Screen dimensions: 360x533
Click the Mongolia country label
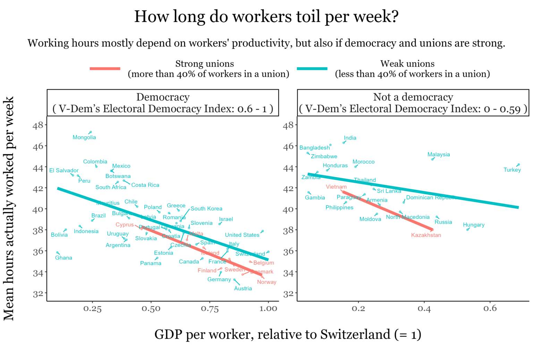point(84,137)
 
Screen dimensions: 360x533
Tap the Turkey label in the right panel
point(512,170)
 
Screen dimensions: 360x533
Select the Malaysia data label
point(438,155)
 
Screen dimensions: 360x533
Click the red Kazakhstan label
point(426,235)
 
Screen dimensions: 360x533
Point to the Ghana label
point(64,258)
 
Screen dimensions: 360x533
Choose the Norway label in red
point(266,282)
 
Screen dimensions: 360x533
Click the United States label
point(242,235)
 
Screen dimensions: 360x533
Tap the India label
point(350,138)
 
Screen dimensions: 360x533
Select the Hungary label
point(473,225)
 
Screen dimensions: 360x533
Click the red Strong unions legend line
point(105,69)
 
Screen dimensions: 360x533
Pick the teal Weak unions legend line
point(312,69)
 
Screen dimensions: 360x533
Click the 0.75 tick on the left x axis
point(210,309)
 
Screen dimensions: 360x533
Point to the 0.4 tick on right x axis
point(424,309)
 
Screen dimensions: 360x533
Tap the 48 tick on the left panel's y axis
point(38,125)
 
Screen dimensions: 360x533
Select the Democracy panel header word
point(163,97)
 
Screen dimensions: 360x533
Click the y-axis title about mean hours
point(9,208)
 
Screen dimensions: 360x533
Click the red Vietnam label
point(336,187)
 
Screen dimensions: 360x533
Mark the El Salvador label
point(64,171)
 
